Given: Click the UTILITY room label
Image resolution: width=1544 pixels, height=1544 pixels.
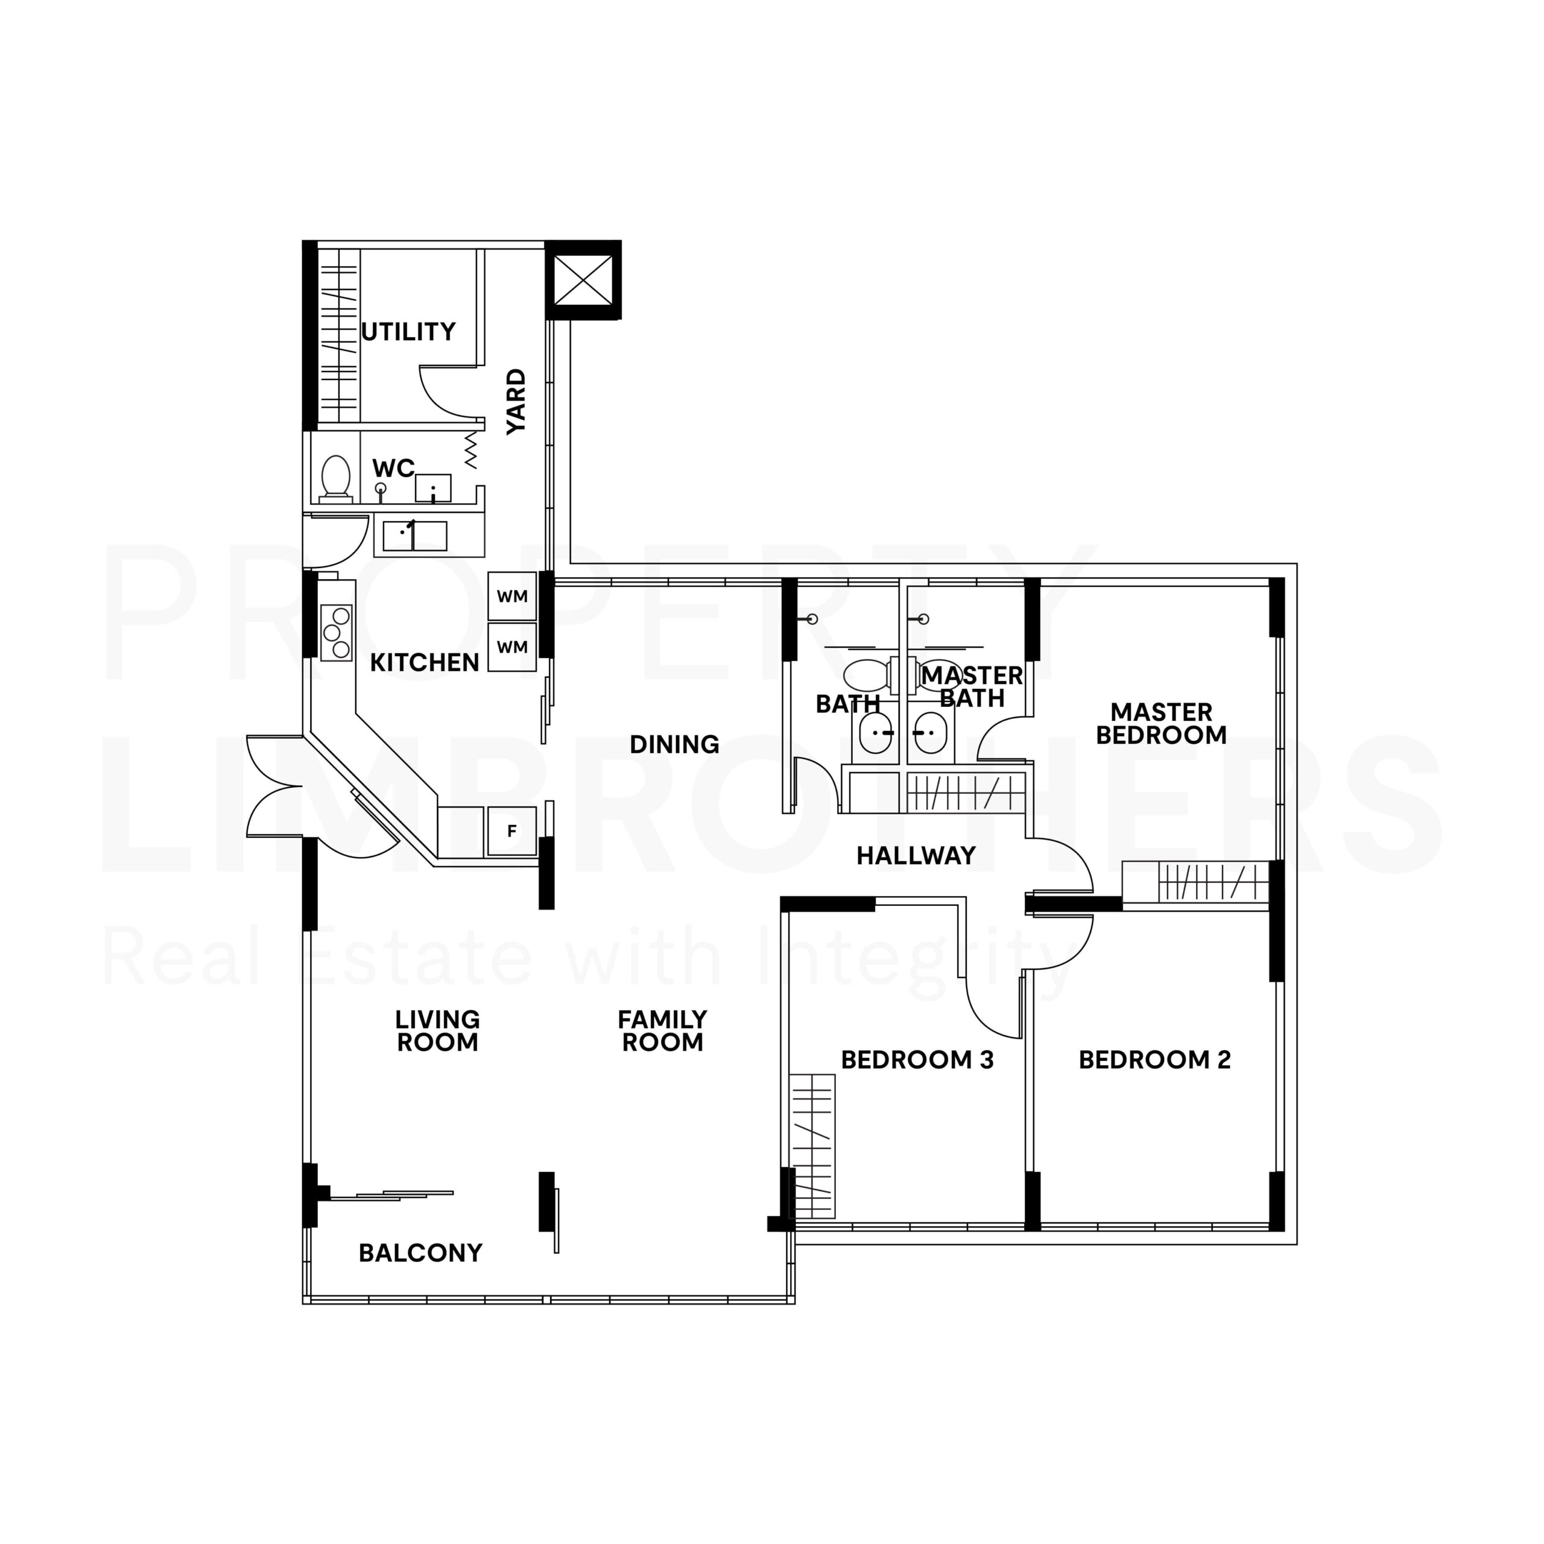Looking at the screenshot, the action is [x=408, y=331].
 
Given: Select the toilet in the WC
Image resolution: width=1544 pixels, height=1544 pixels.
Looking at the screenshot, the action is [x=336, y=478].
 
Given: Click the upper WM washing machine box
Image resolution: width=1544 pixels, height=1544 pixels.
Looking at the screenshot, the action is [x=512, y=596].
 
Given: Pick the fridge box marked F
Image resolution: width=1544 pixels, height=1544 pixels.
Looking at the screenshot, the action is [x=511, y=831].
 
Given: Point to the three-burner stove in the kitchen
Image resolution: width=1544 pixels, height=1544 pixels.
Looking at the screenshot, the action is [x=337, y=632].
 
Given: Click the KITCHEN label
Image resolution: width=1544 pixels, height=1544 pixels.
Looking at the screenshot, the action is [x=425, y=662].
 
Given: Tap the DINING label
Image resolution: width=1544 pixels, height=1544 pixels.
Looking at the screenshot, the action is [x=674, y=745].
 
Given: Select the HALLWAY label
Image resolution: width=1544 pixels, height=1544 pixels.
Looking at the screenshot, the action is [x=916, y=856].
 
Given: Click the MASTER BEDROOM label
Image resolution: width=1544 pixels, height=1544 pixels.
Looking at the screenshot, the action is [x=1161, y=723].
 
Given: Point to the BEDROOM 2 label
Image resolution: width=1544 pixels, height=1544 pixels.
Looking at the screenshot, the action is [x=1155, y=1060].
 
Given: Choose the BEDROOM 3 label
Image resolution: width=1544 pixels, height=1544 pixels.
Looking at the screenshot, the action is [x=917, y=1060].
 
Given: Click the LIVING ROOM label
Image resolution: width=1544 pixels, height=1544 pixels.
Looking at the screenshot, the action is [x=438, y=1031].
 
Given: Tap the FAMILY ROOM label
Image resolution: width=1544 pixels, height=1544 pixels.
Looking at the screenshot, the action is [x=662, y=1031].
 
